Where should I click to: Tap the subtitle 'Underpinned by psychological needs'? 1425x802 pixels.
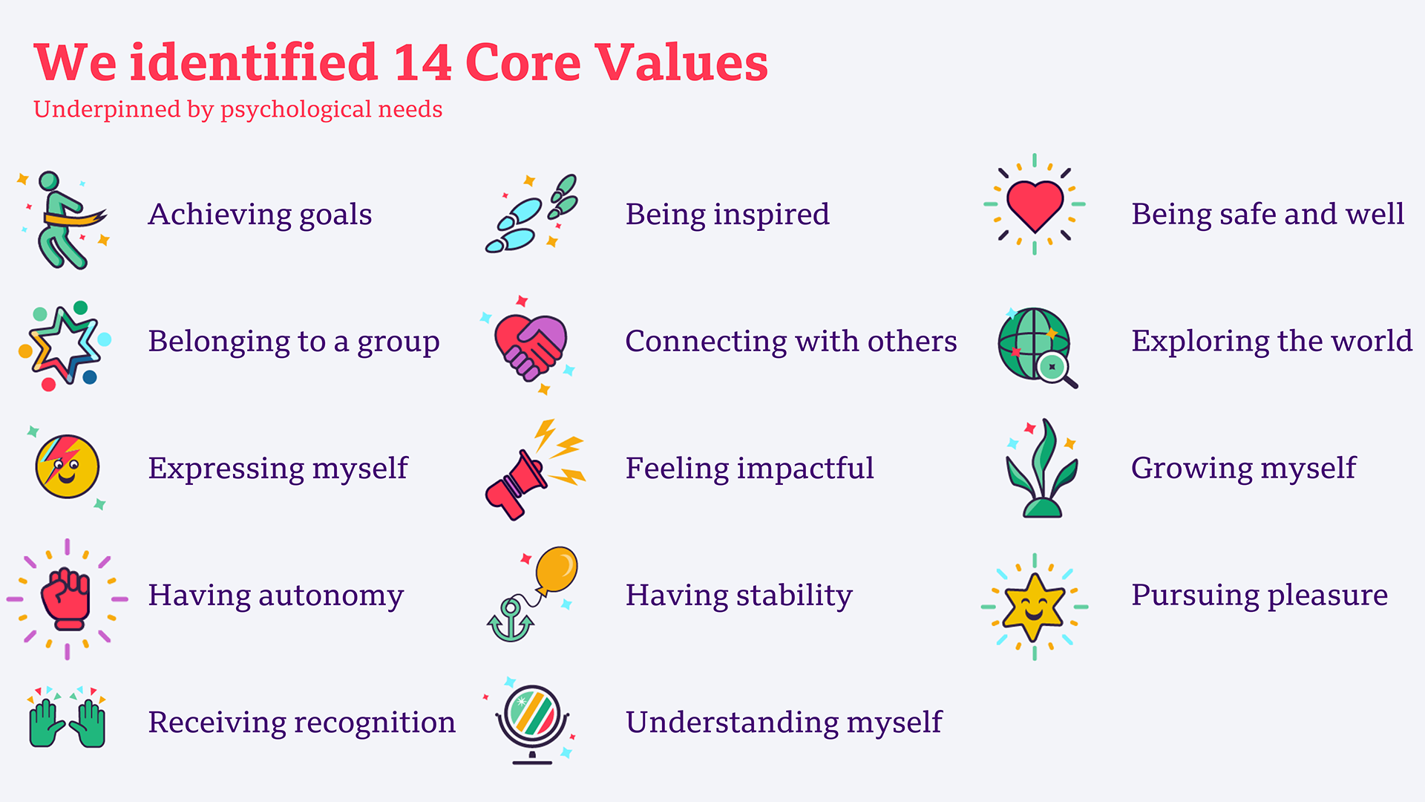tap(237, 109)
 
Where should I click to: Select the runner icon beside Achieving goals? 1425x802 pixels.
tap(65, 220)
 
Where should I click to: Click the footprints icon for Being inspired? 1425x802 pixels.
tap(531, 214)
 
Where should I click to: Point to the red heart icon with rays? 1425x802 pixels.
tap(1035, 205)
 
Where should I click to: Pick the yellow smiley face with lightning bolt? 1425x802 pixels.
tap(67, 466)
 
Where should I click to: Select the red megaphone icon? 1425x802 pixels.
tap(516, 484)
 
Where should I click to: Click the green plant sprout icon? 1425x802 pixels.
tap(1041, 469)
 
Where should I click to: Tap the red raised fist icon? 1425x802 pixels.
tap(67, 599)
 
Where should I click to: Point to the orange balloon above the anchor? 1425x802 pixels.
tap(556, 570)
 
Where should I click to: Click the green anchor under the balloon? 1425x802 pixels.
tap(510, 620)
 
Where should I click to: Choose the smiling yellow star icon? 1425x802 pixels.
tap(1034, 607)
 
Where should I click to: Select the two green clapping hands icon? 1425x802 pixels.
tap(68, 721)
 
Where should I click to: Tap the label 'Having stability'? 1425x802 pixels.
tap(738, 596)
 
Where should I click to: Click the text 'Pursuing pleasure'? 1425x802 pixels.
tap(1259, 596)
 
